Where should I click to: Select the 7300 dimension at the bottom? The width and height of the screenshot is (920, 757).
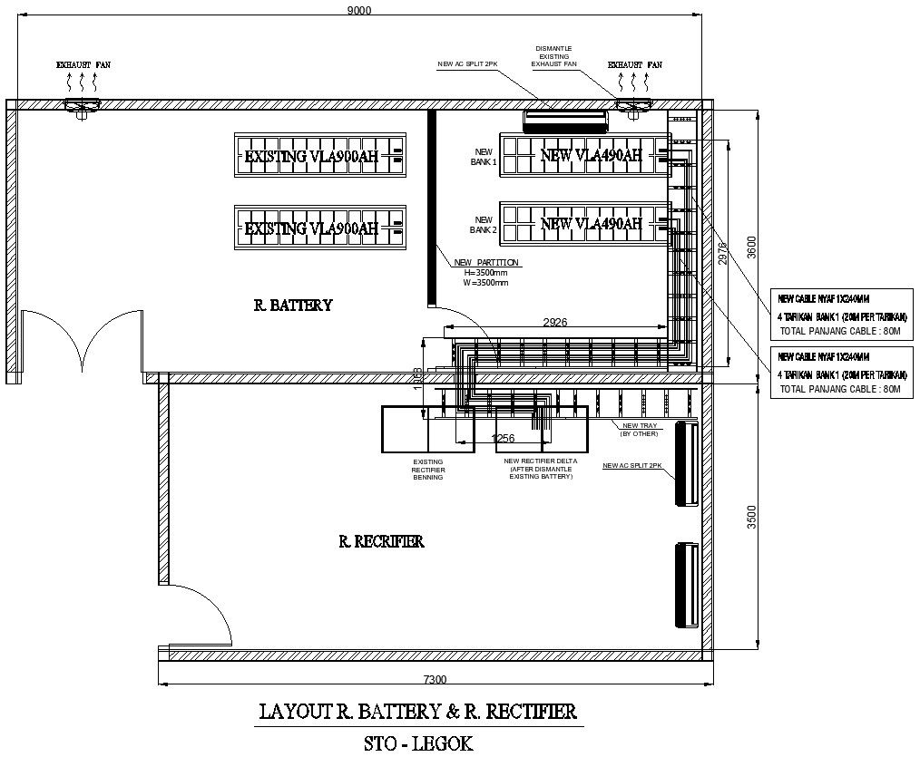coord(436,679)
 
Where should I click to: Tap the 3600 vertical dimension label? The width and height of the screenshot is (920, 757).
coord(749,247)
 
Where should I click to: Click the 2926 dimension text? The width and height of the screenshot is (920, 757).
coord(554,322)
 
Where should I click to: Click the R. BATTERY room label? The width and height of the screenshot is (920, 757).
coord(292,306)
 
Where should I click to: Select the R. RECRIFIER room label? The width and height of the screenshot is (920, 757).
coord(380,541)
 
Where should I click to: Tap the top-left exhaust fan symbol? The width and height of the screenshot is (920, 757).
coord(82,106)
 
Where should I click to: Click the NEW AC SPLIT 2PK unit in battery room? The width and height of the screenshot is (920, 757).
coord(564,118)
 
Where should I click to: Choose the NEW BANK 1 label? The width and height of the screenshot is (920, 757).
coord(484,157)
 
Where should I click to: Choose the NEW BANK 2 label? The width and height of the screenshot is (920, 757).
coord(484,225)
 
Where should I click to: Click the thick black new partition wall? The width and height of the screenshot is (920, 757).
coord(432,209)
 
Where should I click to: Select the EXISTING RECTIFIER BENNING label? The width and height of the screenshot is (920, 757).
coord(427,469)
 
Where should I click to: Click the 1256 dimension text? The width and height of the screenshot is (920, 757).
coord(503,439)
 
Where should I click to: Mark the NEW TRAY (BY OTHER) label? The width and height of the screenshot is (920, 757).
coord(639,429)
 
